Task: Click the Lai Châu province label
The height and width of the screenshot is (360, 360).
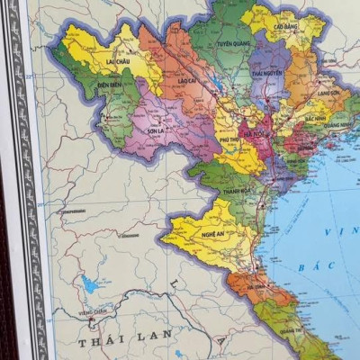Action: pyautogui.click(x=115, y=63)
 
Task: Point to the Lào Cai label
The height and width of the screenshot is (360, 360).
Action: pyautogui.click(x=187, y=80)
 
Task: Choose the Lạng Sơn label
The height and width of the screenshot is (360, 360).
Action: pyautogui.click(x=329, y=93)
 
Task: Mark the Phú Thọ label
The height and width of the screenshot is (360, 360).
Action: pyautogui.click(x=229, y=139)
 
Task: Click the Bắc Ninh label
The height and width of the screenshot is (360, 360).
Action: pyautogui.click(x=315, y=117)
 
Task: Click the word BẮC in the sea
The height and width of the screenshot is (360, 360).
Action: pyautogui.click(x=318, y=267)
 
